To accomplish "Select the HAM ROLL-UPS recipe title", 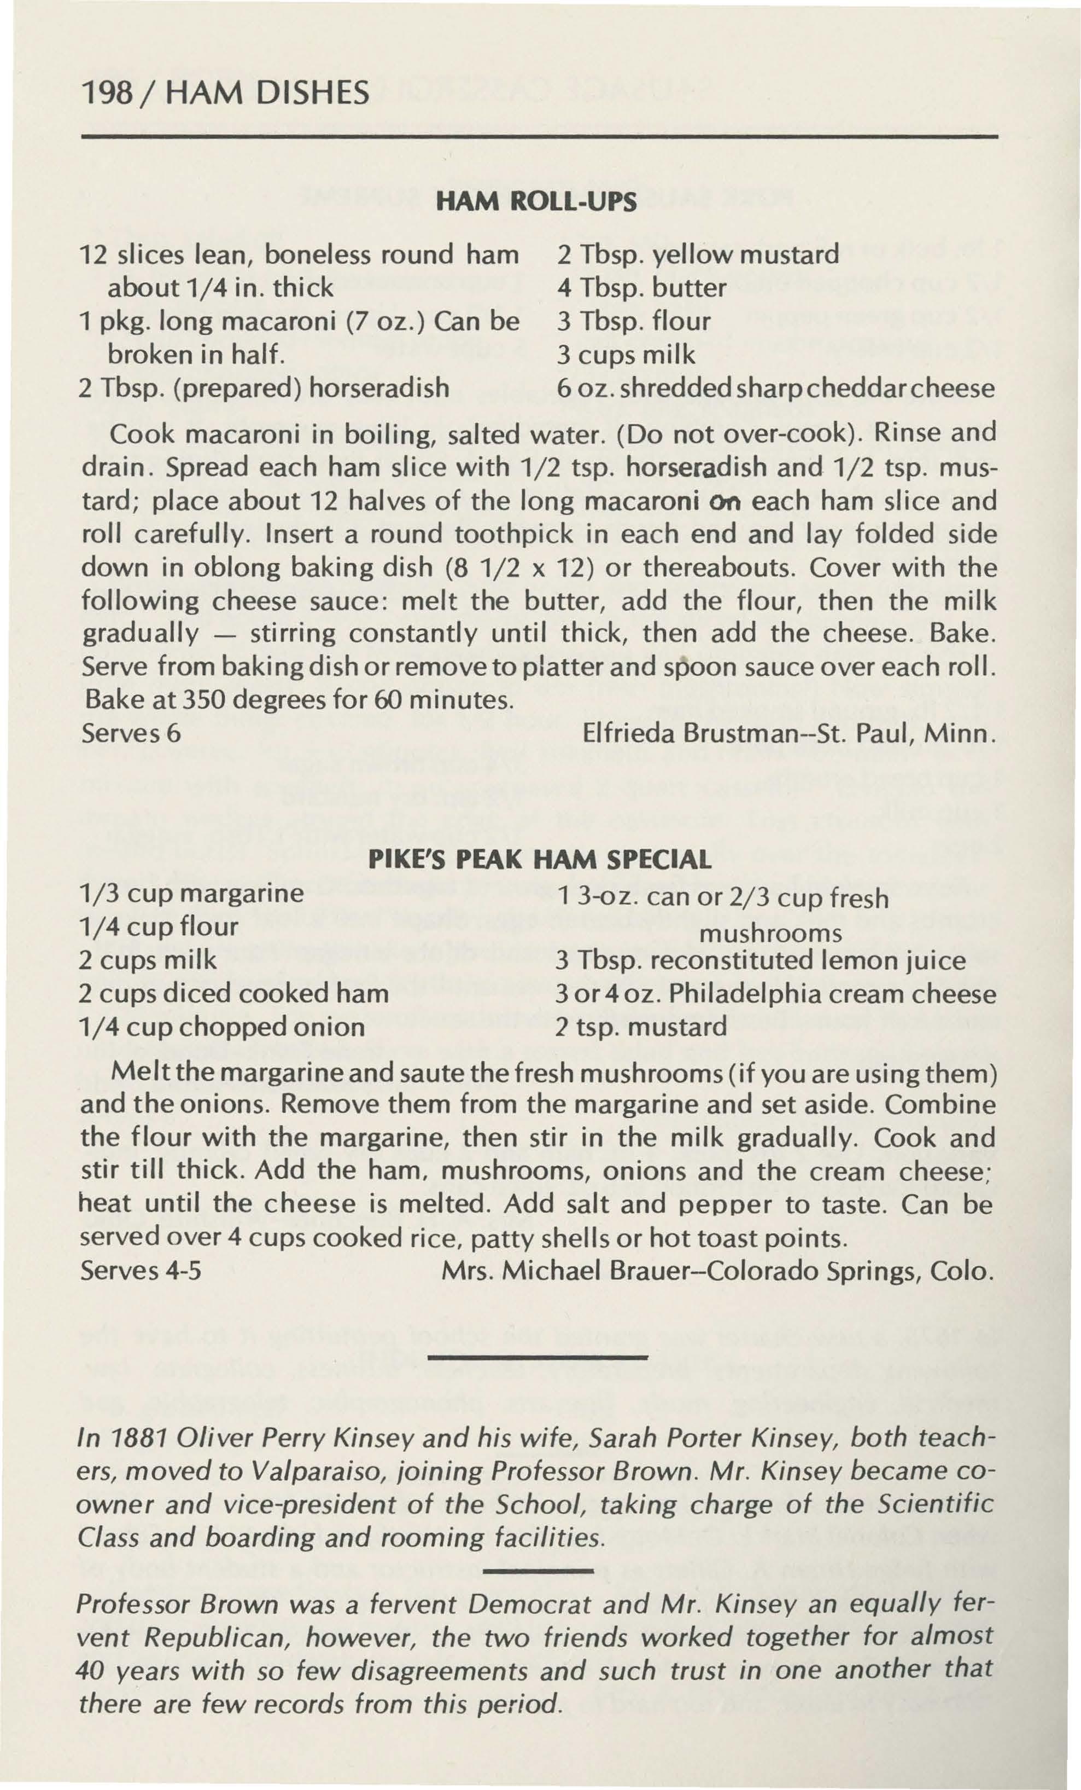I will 535,202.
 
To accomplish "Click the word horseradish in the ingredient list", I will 379,389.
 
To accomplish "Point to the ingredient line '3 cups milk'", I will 626,355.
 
